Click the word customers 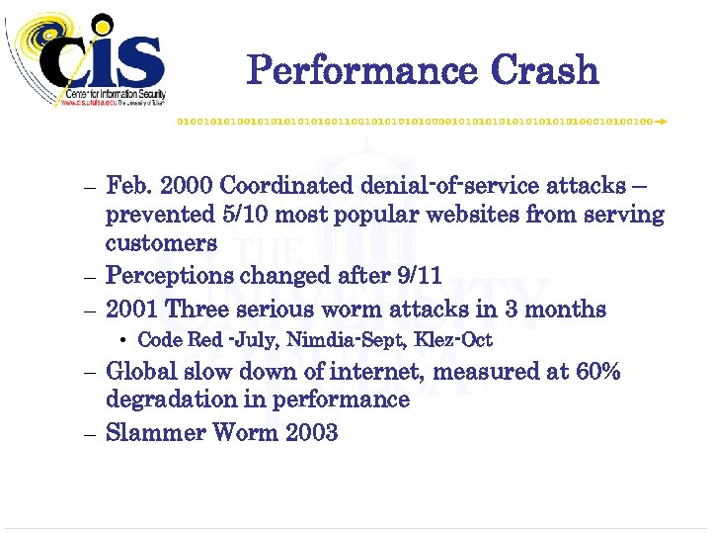[x=161, y=243]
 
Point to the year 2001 [x=131, y=310]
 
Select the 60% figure [x=598, y=372]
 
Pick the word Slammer [x=149, y=433]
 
